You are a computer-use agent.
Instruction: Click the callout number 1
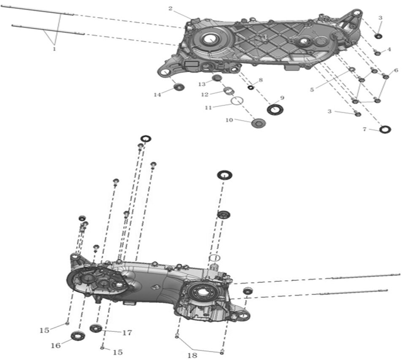(x=54, y=49)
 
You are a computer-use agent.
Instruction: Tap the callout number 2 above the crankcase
(x=170, y=9)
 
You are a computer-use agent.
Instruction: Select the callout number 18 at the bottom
(x=192, y=355)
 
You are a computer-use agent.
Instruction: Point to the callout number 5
(x=312, y=89)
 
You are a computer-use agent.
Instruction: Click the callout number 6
(x=396, y=70)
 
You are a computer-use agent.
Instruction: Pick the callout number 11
(x=208, y=108)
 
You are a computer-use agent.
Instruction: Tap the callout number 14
(x=157, y=95)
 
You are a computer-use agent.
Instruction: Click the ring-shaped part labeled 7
(x=385, y=129)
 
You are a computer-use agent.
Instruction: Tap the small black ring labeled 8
(x=250, y=87)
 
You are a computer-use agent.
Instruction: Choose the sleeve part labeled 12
(x=229, y=90)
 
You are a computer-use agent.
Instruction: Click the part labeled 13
(x=217, y=78)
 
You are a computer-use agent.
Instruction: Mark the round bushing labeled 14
(x=179, y=87)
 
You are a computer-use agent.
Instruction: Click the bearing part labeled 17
(x=96, y=328)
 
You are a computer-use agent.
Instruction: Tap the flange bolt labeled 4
(x=378, y=53)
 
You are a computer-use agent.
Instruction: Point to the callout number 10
(x=229, y=120)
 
